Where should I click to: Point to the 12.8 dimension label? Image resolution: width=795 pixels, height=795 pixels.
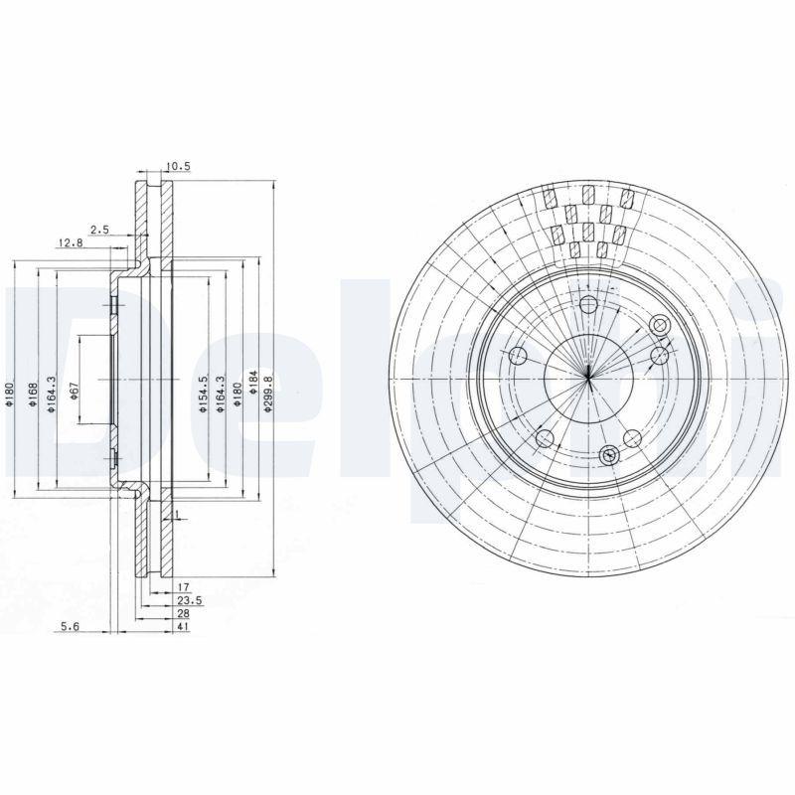click(69, 242)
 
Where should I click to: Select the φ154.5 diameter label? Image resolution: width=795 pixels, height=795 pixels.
click(202, 395)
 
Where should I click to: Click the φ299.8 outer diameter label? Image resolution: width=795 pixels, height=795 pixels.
click(268, 392)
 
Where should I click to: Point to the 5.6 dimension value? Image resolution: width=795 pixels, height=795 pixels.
click(69, 626)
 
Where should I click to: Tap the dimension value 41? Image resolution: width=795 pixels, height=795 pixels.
click(184, 627)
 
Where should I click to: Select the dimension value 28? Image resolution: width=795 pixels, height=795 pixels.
click(184, 614)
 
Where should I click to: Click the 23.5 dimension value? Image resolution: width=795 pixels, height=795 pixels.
click(190, 601)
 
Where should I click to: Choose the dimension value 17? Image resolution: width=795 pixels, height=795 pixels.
click(184, 588)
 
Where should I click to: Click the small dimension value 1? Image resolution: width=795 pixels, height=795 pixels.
click(175, 515)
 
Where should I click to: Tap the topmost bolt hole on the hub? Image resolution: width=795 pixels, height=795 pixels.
click(588, 304)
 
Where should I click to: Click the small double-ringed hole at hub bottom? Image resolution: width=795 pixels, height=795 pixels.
click(609, 455)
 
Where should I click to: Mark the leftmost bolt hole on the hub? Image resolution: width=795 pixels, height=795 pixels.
click(517, 356)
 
